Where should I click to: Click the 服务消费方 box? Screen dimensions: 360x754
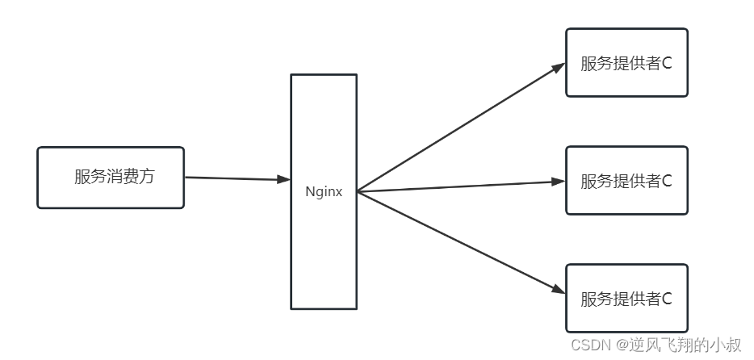[x=111, y=178]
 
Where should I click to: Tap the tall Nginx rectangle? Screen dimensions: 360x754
[x=324, y=242]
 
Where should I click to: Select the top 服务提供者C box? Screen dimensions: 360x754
[x=626, y=63]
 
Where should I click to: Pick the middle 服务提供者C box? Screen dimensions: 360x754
[x=626, y=181]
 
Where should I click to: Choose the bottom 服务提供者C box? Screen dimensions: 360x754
[x=626, y=298]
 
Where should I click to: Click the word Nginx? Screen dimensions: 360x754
[x=324, y=192]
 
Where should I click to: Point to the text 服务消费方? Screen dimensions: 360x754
[x=114, y=178]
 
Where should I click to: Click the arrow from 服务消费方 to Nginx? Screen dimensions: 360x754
[x=234, y=178]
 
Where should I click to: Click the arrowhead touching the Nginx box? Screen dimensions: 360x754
[x=283, y=179]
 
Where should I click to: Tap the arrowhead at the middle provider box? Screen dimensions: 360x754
[x=558, y=182]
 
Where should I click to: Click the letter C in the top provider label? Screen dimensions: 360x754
[x=667, y=64]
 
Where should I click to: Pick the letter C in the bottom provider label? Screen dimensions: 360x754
[x=667, y=299]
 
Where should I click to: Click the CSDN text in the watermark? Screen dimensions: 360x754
[x=590, y=345]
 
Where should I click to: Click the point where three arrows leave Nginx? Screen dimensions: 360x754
[x=358, y=192]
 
